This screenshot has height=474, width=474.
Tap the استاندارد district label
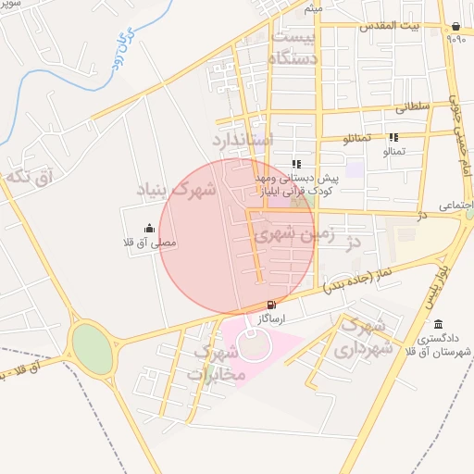243,141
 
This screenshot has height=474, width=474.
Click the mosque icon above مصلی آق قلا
149,228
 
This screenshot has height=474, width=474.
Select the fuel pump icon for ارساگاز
270,305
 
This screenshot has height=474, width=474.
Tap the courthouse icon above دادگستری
437,324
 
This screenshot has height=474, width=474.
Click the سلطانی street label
413,108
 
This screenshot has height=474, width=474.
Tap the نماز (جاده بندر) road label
366,281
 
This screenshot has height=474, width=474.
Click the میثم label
314,8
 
